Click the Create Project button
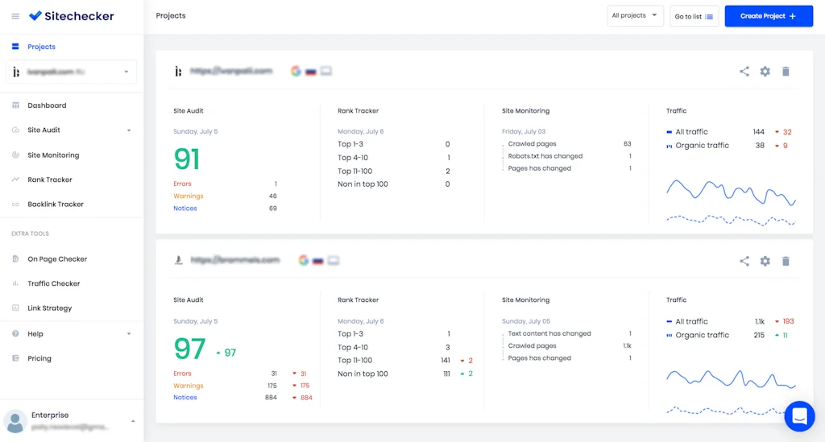click(769, 16)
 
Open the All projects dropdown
click(635, 16)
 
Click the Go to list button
click(694, 16)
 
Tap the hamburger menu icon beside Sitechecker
click(15, 16)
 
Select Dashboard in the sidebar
click(47, 105)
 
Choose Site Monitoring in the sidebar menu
click(53, 155)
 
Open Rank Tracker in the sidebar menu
click(50, 180)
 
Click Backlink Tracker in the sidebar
click(56, 204)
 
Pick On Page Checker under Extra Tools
click(57, 259)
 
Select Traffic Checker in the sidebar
click(54, 283)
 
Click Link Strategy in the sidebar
click(50, 308)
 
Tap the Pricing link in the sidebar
click(39, 358)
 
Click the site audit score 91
click(187, 159)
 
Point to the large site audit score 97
click(190, 349)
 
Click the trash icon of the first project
click(786, 72)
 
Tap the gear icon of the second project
click(765, 261)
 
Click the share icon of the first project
click(744, 72)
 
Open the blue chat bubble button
click(799, 416)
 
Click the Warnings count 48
click(272, 196)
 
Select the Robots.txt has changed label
click(545, 156)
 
